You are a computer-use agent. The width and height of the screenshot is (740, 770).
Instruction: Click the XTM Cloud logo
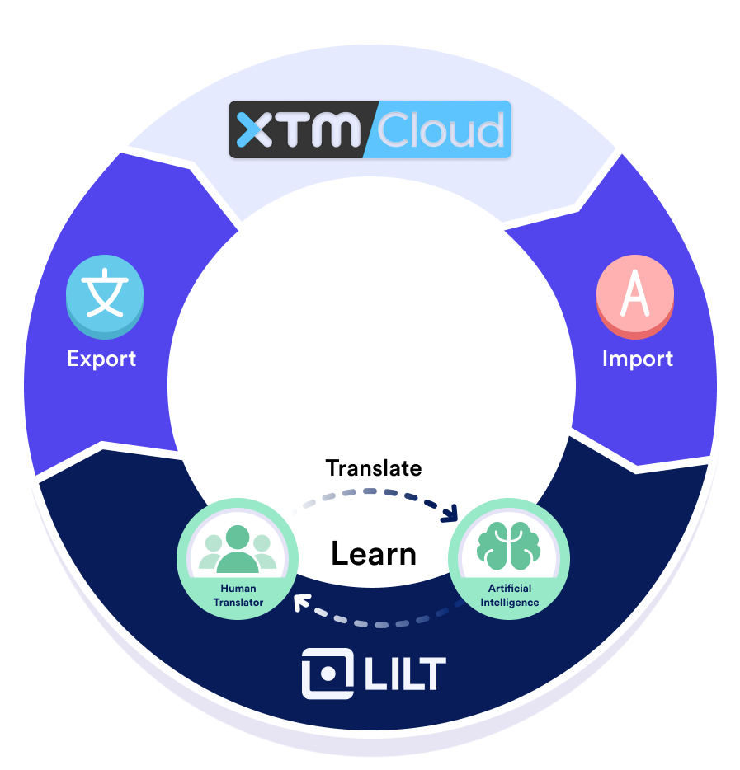point(370,129)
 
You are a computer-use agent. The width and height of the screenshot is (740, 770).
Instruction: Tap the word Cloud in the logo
point(441,130)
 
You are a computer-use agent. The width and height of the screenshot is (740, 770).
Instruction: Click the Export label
point(101,359)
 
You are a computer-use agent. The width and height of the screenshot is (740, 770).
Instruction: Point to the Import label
point(637,359)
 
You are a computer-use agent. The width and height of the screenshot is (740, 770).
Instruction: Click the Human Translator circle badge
point(238,560)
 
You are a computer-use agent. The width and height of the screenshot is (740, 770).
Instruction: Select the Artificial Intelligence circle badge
point(509,560)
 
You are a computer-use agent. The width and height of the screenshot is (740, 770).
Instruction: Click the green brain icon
point(509,546)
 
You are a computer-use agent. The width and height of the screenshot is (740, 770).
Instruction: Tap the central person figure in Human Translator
point(238,549)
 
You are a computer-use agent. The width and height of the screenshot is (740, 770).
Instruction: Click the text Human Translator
point(238,595)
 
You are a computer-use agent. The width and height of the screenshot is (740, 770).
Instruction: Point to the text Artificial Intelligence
point(509,595)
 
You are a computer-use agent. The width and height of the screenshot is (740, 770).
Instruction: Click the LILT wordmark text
point(404,674)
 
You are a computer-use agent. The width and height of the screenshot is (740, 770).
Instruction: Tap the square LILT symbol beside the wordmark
point(328,674)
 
